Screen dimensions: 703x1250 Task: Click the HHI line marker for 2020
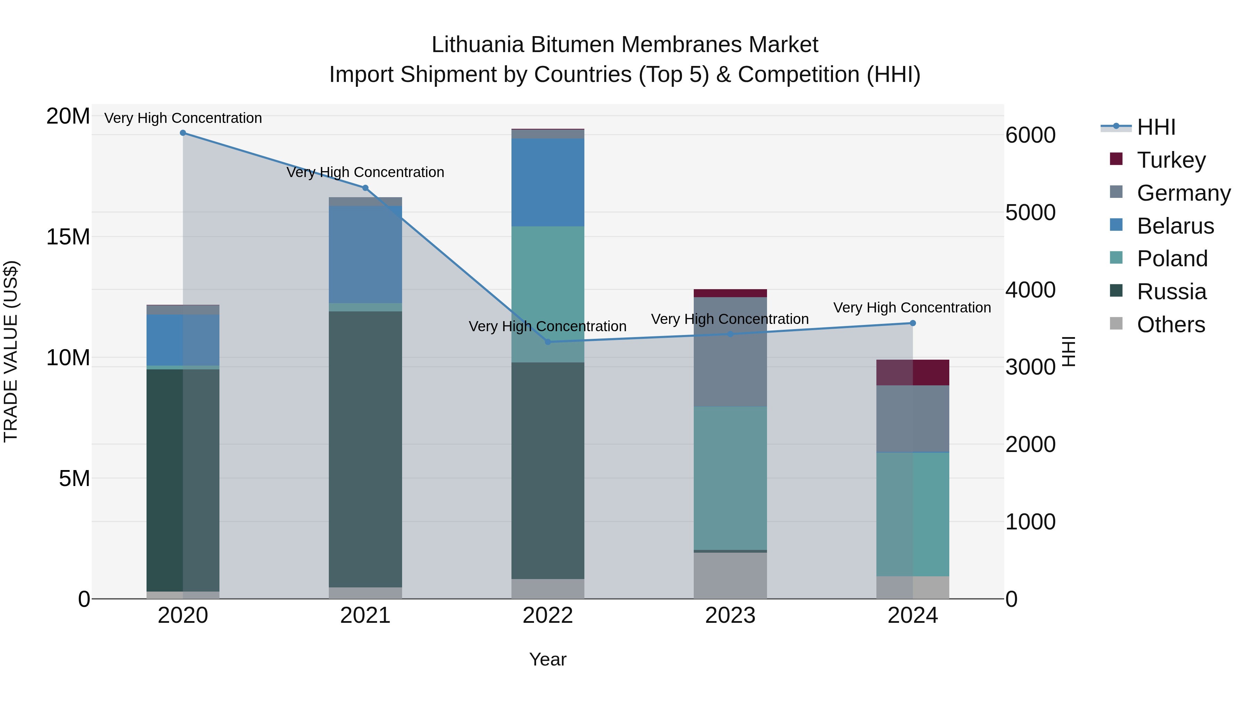(x=183, y=133)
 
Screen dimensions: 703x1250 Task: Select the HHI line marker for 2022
(x=548, y=342)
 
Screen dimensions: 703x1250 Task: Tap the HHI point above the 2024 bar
(x=913, y=323)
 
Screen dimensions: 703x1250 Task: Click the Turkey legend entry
(x=1170, y=160)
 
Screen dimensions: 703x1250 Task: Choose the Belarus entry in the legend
(x=1175, y=226)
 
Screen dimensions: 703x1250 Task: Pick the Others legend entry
(x=1170, y=325)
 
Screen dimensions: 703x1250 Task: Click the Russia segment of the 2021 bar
(x=365, y=449)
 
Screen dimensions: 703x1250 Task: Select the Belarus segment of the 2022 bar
(x=548, y=182)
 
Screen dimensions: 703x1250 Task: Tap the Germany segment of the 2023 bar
(x=730, y=352)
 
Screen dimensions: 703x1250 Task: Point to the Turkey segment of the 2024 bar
(x=913, y=373)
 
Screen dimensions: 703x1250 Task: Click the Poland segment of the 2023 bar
(x=730, y=478)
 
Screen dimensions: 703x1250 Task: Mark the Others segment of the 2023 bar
(x=730, y=575)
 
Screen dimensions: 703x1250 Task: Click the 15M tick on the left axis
(x=68, y=237)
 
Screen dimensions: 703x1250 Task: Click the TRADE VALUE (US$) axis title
(x=11, y=352)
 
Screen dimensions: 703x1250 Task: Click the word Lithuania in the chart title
(x=477, y=45)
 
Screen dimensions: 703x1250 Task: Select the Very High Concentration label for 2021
(x=365, y=172)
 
